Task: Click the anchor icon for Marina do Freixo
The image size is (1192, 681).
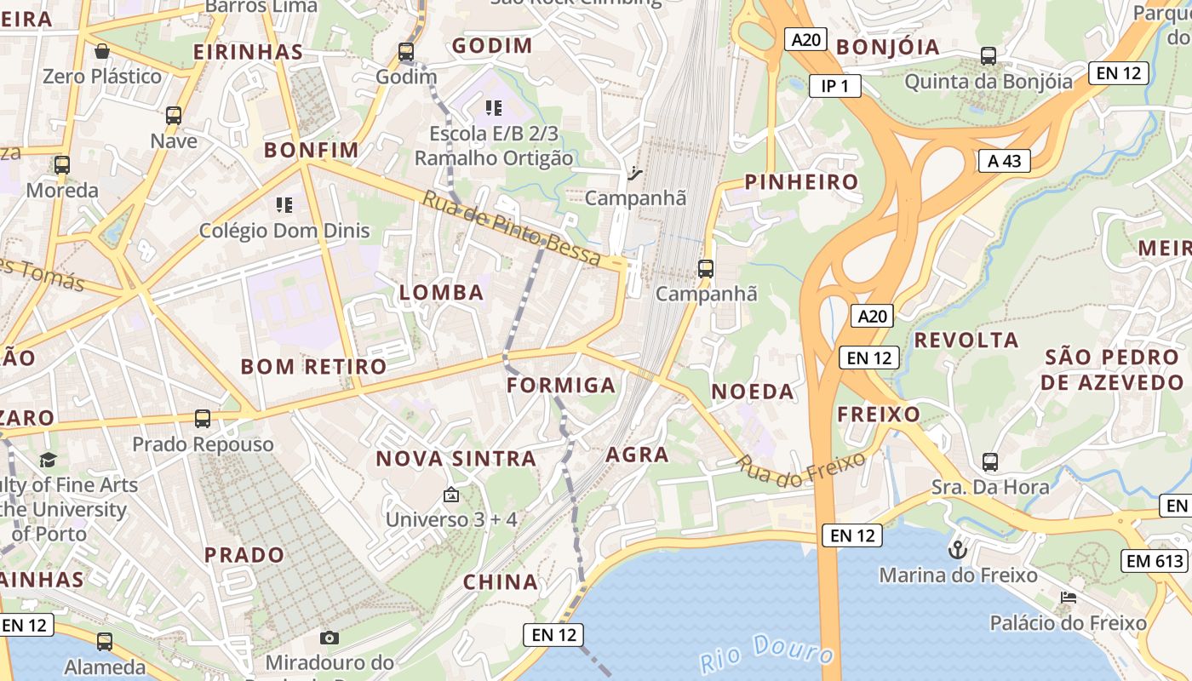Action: [958, 549]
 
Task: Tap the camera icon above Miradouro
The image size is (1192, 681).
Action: [330, 638]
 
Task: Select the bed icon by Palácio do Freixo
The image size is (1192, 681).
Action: [1069, 597]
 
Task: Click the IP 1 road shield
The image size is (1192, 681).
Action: [834, 85]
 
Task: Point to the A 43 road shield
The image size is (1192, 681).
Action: [1004, 161]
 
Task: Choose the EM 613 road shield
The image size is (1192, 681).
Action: [1155, 561]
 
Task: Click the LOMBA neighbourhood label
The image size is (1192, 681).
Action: [441, 293]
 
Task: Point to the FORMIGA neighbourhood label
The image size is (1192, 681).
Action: [561, 386]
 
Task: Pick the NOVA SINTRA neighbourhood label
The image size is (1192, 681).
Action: [456, 459]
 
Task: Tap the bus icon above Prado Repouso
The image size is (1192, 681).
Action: [202, 419]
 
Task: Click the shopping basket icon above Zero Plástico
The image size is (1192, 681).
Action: [102, 51]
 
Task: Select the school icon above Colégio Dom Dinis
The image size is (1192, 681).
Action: [284, 205]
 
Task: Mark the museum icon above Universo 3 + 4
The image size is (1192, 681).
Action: [451, 495]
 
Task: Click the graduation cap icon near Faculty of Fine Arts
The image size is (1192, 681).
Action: [48, 461]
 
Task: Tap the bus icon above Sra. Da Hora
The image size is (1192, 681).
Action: [989, 462]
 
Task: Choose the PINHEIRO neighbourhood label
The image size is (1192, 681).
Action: [801, 182]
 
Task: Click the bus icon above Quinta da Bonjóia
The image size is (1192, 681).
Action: [988, 56]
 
